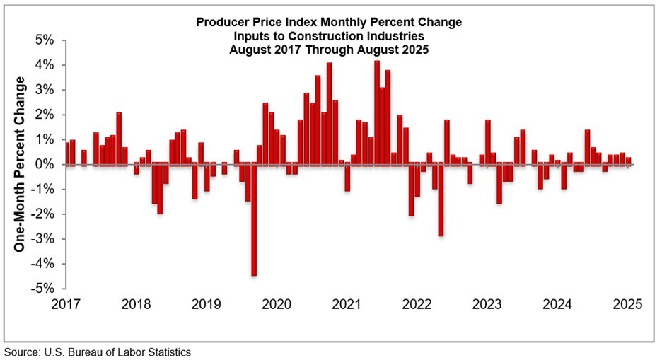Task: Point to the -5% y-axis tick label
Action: point(44,289)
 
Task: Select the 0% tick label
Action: point(45,164)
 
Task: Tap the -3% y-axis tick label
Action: point(44,239)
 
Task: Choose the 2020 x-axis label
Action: point(277,305)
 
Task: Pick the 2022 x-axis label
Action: point(417,305)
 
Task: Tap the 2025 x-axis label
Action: point(627,305)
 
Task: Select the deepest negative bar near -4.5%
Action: point(254,219)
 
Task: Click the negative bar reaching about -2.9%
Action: point(441,199)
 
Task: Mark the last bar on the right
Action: point(628,161)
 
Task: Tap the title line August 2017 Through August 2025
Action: point(330,50)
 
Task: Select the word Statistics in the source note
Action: point(168,352)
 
